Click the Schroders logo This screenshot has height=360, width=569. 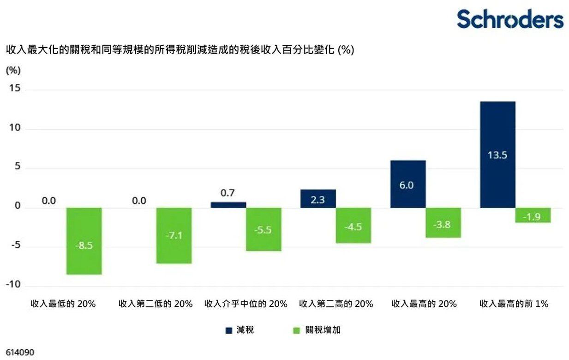510,19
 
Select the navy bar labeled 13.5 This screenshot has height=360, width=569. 497,155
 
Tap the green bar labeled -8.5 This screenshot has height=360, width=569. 84,241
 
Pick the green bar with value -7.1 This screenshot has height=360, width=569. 174,235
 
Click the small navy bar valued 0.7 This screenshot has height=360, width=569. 228,205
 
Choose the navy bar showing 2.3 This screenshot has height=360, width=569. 318,199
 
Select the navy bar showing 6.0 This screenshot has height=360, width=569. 408,184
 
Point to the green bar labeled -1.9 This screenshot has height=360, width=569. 533,215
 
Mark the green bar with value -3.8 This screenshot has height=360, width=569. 443,223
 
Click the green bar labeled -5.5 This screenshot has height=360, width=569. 264,229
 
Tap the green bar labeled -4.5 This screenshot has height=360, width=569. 353,225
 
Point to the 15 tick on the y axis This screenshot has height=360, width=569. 16,89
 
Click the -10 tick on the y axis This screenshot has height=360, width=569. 13,285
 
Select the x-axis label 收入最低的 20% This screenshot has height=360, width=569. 63,304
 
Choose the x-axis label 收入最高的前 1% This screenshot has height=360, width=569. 514,304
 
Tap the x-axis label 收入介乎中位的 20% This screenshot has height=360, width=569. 246,304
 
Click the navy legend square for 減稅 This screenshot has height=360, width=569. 228,330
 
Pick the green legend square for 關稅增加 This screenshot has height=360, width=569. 297,330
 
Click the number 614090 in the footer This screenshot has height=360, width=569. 20,352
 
